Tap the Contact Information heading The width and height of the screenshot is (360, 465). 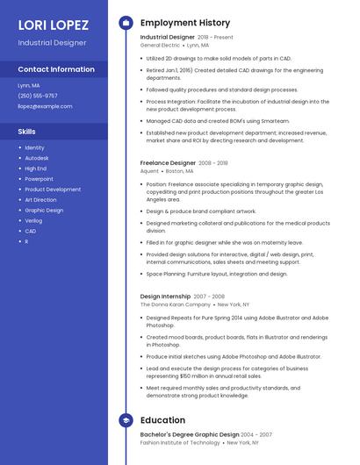[x=56, y=69]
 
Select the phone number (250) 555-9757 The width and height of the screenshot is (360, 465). [x=38, y=96]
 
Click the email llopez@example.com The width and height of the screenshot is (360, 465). [x=45, y=106]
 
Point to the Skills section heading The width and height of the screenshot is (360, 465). [x=27, y=132]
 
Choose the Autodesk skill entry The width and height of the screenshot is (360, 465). [x=38, y=158]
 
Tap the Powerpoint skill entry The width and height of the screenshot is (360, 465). [x=40, y=179]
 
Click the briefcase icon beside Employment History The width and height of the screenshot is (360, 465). [x=126, y=23]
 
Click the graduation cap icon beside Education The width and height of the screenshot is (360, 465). [x=126, y=420]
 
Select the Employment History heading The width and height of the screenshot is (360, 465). [x=185, y=23]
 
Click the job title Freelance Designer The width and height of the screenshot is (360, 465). [x=168, y=163]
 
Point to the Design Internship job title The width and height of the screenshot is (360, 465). [x=164, y=297]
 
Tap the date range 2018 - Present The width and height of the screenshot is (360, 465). [x=215, y=38]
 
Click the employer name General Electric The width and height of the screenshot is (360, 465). [x=160, y=45]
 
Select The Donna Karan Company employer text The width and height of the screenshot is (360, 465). [x=176, y=304]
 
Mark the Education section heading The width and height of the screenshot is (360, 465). [x=162, y=420]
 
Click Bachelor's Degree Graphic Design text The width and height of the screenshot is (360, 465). [x=190, y=434]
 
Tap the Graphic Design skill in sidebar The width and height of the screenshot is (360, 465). [x=44, y=211]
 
